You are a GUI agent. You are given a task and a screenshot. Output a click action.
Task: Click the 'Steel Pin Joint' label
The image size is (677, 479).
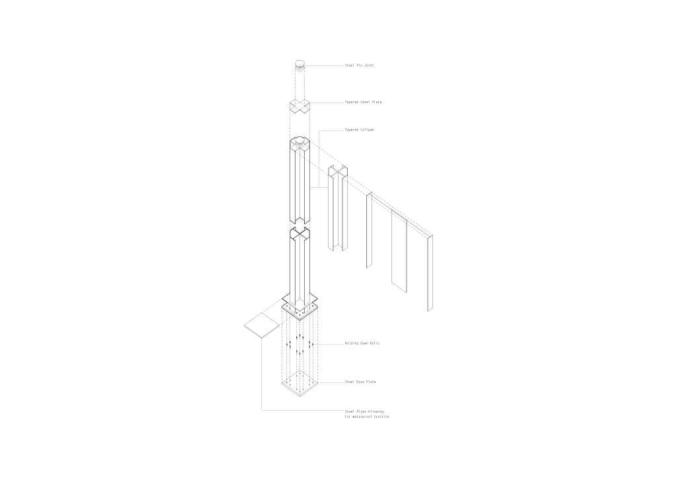tap(359, 65)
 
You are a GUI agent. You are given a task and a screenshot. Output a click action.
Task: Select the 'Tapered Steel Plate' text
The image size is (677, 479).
tap(363, 103)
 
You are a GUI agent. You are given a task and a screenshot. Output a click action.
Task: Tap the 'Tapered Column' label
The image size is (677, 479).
tap(359, 130)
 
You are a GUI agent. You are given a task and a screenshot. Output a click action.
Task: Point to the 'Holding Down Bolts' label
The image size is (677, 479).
tap(362, 343)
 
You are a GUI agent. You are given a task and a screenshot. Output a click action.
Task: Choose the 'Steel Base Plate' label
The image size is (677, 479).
tap(360, 382)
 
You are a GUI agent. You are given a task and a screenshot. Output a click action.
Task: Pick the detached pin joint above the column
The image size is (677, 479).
tap(299, 65)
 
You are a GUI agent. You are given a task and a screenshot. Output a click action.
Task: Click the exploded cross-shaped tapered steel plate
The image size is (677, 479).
tap(299, 107)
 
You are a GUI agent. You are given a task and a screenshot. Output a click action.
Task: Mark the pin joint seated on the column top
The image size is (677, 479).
tap(299, 141)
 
